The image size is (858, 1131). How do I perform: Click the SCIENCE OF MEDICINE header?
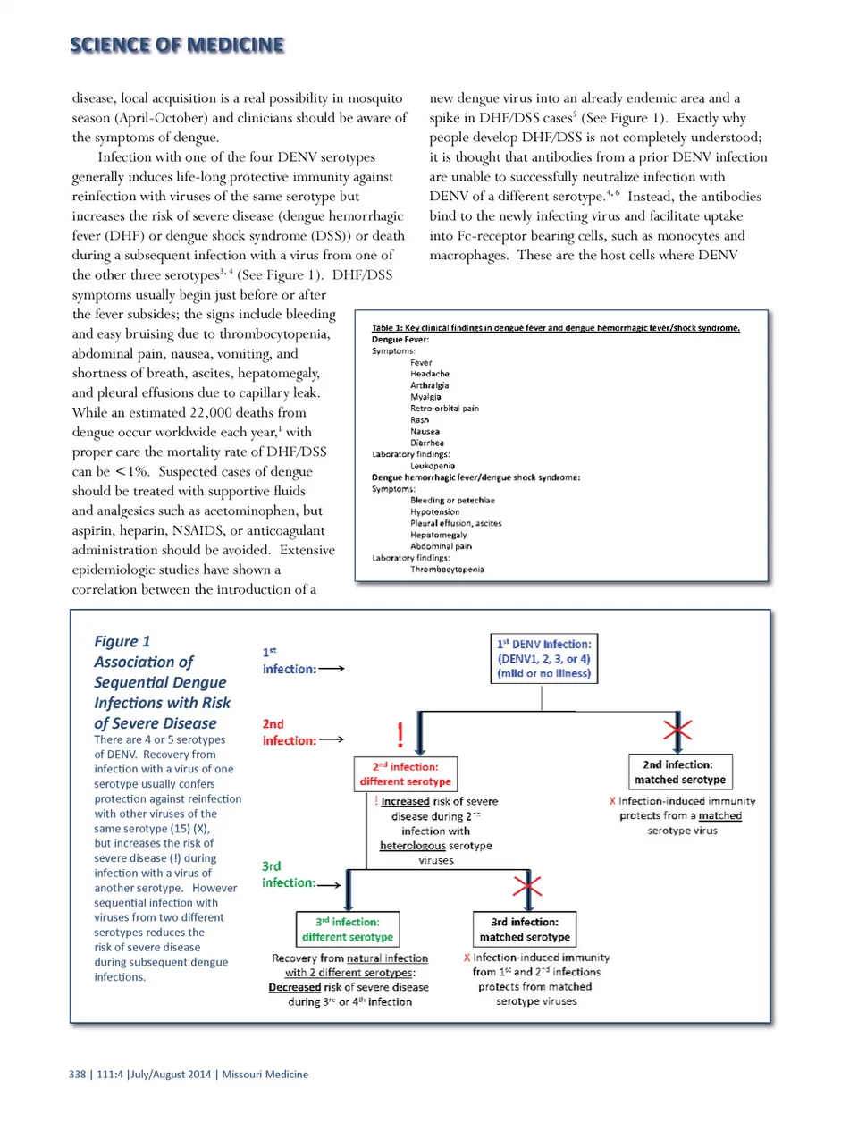177,45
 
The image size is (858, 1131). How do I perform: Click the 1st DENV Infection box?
543,659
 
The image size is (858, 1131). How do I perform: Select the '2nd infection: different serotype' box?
406,773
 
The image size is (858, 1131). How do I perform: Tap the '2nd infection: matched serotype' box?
679,772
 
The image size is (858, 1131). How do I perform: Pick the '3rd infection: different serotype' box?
348,929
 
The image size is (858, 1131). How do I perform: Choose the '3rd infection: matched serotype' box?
525,929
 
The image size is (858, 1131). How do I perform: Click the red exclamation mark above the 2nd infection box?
400,735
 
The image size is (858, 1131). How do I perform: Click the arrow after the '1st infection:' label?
332,669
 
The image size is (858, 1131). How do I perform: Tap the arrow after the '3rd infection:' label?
329,885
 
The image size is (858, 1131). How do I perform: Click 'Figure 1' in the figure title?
122,641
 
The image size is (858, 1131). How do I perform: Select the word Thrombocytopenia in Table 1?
447,570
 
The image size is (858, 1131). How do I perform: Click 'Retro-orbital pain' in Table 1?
444,409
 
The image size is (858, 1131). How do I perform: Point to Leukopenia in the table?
433,466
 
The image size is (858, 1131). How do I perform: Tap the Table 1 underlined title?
555,328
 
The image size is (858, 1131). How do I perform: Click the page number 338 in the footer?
78,1075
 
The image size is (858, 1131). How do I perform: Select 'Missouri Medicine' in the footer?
265,1075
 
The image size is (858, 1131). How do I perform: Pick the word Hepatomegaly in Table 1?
438,535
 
